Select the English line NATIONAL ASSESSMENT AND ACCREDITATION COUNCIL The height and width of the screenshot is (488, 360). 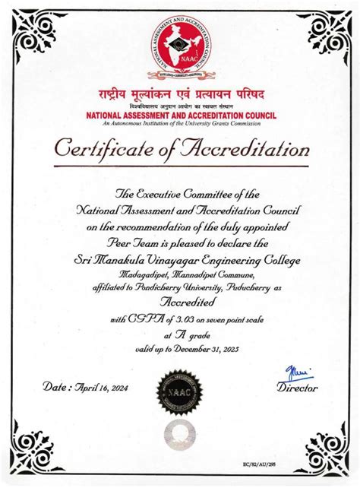point(180,115)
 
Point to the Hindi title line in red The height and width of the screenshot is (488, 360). point(180,95)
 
